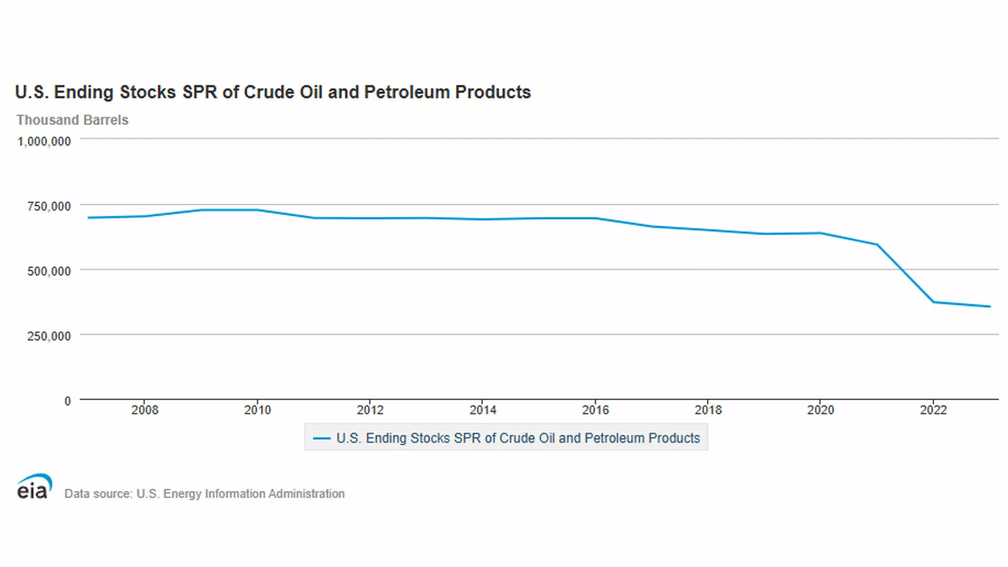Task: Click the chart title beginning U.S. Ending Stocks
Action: pos(273,92)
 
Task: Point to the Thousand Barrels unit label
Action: pos(72,120)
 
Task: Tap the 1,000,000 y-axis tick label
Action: pos(44,141)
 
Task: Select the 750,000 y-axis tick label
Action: pos(49,206)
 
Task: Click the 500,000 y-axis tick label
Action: pos(49,271)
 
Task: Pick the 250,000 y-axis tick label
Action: pos(49,336)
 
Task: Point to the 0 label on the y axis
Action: pos(67,401)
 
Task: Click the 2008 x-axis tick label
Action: pos(144,410)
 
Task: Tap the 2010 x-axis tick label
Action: pos(257,410)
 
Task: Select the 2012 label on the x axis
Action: pos(370,410)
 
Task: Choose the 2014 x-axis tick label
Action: pos(482,410)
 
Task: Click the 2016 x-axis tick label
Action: pos(595,410)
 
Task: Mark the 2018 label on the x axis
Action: pos(708,410)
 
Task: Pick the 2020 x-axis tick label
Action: pos(821,410)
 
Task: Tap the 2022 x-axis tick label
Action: pos(933,410)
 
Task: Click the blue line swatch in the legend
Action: pos(321,438)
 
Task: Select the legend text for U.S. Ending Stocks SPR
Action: pos(518,438)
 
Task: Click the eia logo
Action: pos(35,486)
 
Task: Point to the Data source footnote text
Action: pos(204,493)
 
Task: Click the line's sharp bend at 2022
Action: pos(933,302)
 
